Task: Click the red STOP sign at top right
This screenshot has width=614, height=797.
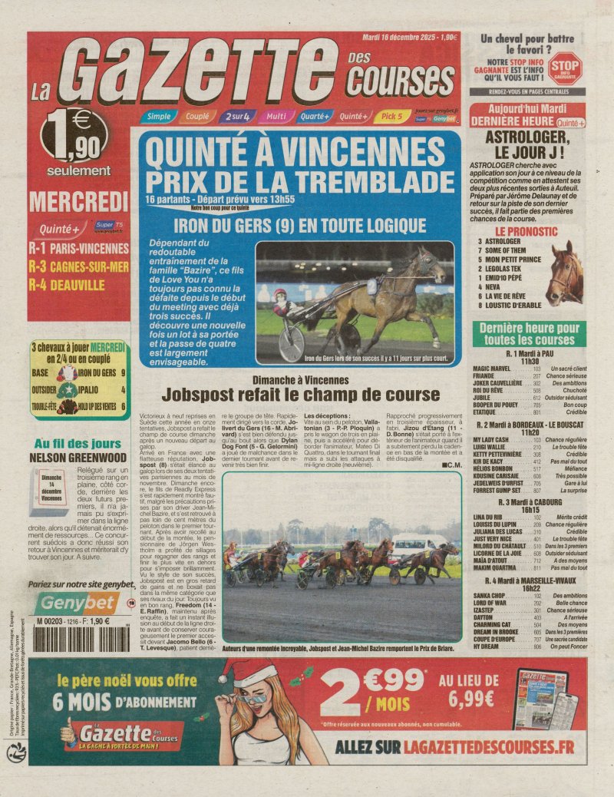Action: point(565,67)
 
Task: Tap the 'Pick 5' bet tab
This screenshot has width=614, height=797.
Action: point(391,117)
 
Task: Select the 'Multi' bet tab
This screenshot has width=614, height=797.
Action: point(276,117)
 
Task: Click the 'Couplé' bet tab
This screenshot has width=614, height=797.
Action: point(197,117)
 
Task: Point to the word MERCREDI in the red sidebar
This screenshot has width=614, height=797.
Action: point(78,202)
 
